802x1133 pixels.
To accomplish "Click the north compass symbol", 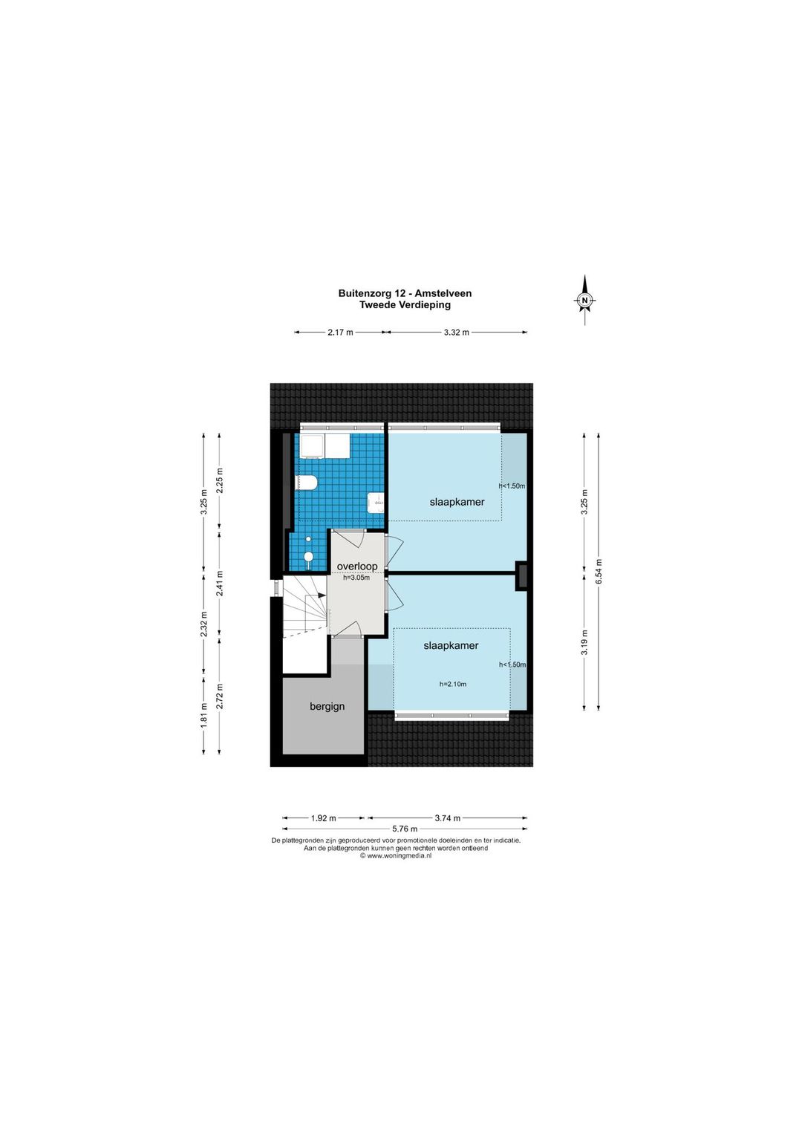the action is [585, 300].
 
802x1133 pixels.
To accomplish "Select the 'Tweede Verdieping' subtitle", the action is [405, 305].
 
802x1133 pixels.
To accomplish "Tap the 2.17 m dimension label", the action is [341, 333].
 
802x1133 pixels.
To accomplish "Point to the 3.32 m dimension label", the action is [457, 333].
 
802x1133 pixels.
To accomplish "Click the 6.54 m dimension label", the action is [599, 572].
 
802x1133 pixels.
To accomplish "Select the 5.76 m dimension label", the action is [405, 829].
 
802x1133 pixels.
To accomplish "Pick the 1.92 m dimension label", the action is [323, 818].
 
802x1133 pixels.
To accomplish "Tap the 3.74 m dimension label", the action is [447, 818].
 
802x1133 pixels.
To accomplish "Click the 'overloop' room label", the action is [357, 566].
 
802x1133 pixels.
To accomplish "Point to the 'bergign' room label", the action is [327, 707].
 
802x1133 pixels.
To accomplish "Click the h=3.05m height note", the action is [356, 578].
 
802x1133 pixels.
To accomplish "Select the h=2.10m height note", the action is [453, 685].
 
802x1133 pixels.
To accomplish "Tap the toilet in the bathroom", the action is [306, 483].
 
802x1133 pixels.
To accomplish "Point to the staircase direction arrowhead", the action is [321, 596].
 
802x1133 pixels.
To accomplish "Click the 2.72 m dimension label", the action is [219, 696].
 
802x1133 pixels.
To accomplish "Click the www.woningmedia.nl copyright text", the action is [396, 856].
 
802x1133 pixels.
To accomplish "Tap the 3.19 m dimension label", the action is [584, 642].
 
